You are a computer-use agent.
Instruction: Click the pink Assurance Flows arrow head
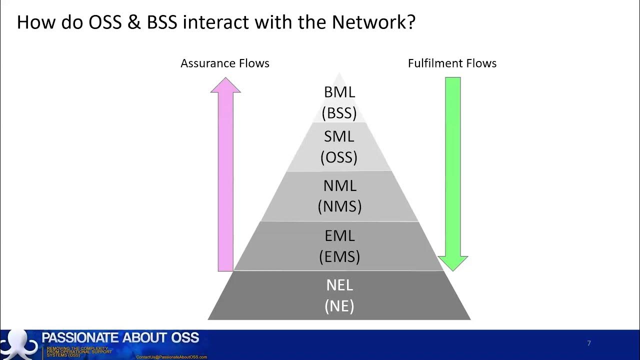tap(225, 86)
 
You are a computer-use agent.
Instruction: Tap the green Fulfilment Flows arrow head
tap(452, 262)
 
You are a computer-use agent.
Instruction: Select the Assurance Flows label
tap(225, 63)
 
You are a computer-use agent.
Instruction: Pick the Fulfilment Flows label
tap(452, 63)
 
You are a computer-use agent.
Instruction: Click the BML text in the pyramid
tap(339, 92)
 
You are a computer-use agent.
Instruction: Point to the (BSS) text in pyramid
tap(339, 113)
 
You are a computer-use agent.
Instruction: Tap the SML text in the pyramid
tap(339, 136)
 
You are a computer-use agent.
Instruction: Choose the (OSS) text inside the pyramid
tap(339, 157)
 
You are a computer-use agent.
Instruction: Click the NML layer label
tap(339, 185)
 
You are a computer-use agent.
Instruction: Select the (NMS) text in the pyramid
tap(339, 206)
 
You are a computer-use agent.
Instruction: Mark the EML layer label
tap(339, 235)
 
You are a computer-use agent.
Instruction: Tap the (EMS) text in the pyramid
tap(339, 256)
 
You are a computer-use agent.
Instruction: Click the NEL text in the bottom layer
tap(339, 284)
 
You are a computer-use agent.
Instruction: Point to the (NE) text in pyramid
tap(339, 305)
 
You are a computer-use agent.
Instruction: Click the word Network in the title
tap(378, 22)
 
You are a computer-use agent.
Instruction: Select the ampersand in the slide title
tap(134, 22)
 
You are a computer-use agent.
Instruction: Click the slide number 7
tap(589, 343)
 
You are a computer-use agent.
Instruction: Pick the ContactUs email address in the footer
tap(171, 357)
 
